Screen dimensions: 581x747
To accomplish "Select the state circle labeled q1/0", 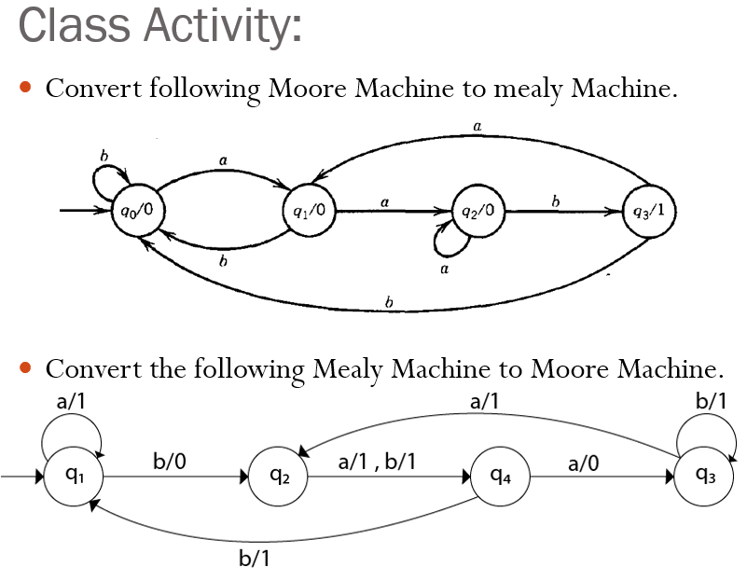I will (x=309, y=211).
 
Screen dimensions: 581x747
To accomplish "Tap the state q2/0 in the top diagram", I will (x=478, y=211).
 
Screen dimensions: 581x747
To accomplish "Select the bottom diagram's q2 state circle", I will (x=278, y=476).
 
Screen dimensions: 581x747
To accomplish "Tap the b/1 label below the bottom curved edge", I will (x=255, y=559).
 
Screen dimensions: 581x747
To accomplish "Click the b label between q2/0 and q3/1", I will (x=556, y=200).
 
